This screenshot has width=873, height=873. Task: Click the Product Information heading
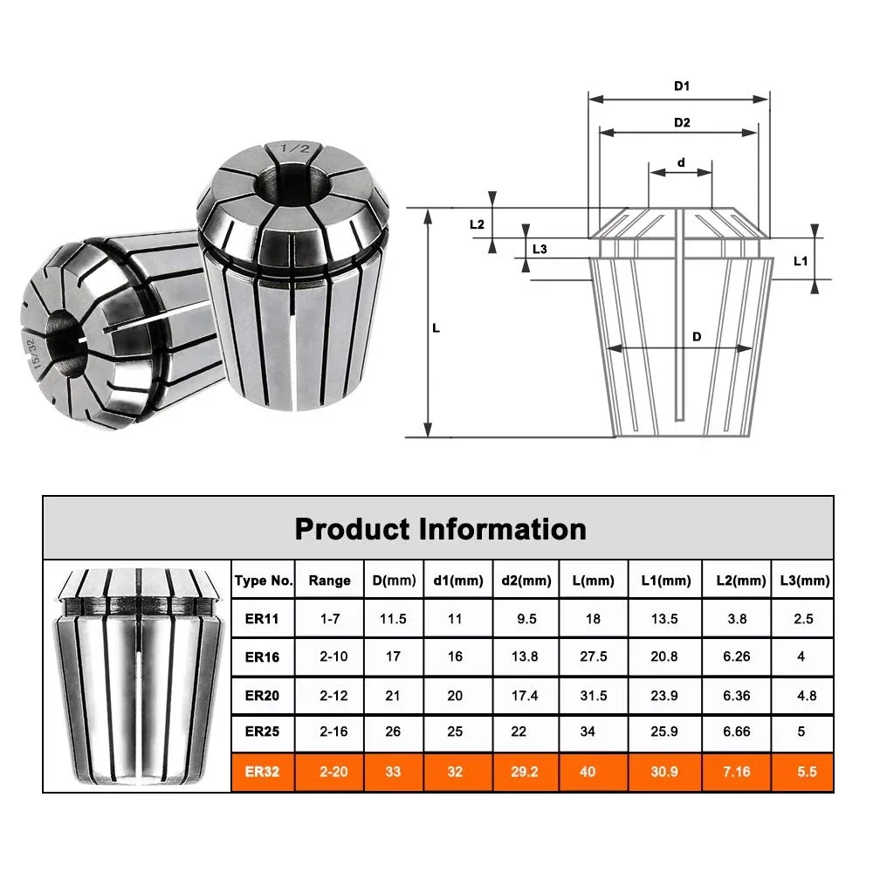pyautogui.click(x=440, y=529)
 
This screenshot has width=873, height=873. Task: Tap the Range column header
pyautogui.click(x=329, y=581)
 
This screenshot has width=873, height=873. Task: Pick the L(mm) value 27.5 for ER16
pyautogui.click(x=593, y=656)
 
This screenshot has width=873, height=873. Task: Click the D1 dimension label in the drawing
pyautogui.click(x=682, y=86)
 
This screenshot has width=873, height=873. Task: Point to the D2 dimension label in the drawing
pyautogui.click(x=682, y=122)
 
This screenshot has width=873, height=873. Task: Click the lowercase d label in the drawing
pyautogui.click(x=681, y=162)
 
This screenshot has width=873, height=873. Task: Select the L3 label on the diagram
pyautogui.click(x=540, y=249)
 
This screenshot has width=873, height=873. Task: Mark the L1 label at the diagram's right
pyautogui.click(x=800, y=261)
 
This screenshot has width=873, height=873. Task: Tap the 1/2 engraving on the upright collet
pyautogui.click(x=287, y=150)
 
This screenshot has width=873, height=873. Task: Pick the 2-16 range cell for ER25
pyautogui.click(x=329, y=732)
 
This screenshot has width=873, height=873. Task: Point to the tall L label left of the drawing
pyautogui.click(x=436, y=329)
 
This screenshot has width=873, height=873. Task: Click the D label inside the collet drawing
pyautogui.click(x=697, y=337)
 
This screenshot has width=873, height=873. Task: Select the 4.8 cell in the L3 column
pyautogui.click(x=801, y=694)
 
